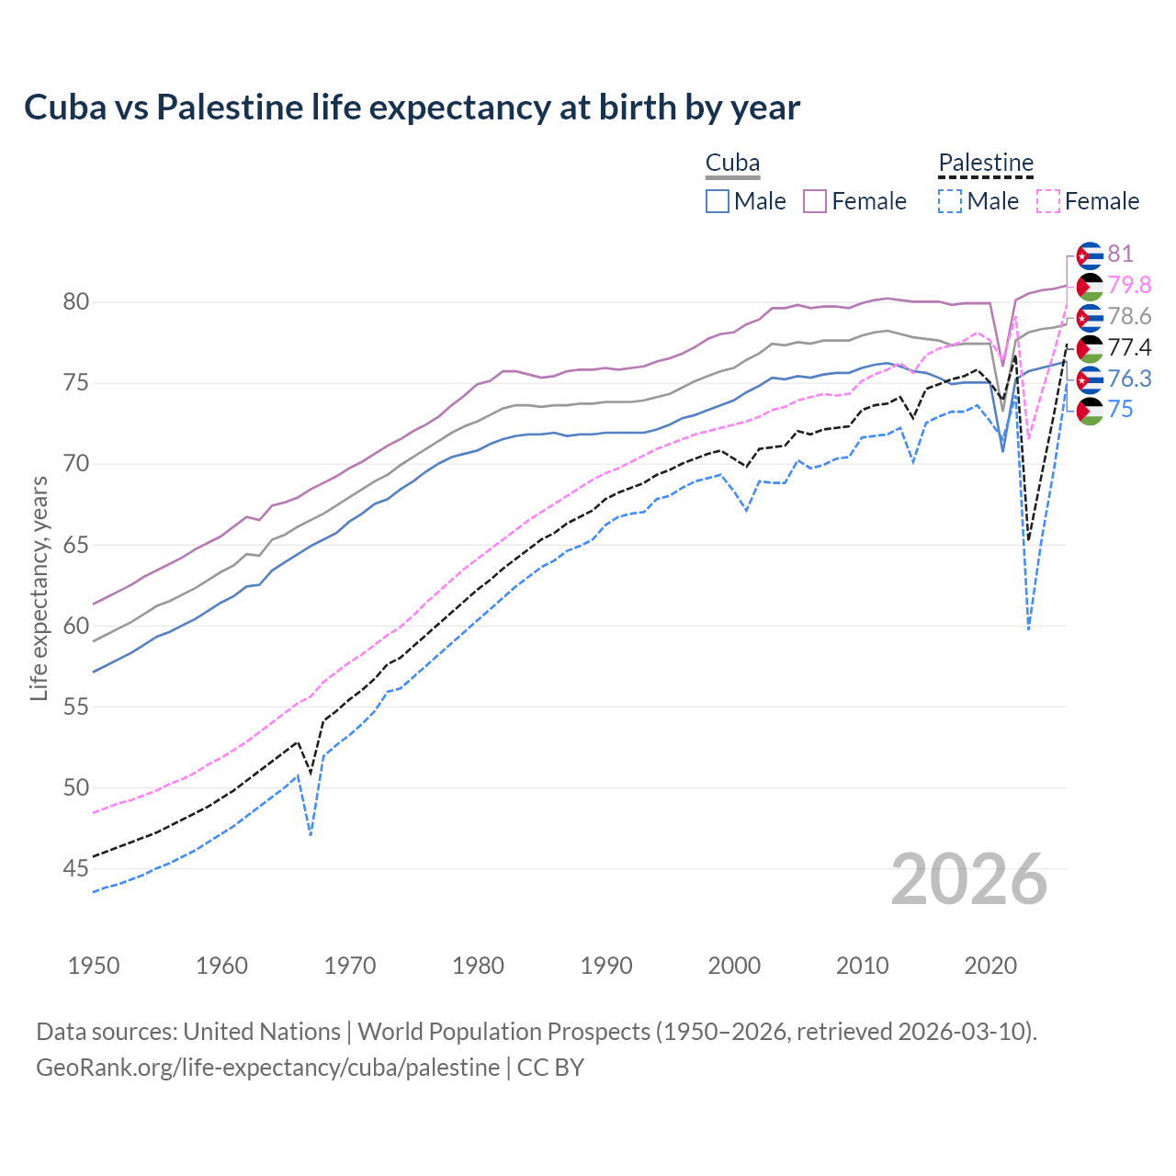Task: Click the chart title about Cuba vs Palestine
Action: point(412,107)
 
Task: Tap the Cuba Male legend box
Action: point(718,201)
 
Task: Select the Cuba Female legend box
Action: point(815,201)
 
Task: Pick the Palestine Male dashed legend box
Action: point(950,201)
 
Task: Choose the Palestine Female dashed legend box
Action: point(1048,201)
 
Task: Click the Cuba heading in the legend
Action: point(732,164)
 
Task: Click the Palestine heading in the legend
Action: point(986,164)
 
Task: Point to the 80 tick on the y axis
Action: point(76,302)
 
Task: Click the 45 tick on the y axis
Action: point(76,868)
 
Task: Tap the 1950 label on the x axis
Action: point(94,966)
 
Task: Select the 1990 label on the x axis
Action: point(606,966)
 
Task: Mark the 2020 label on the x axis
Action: point(990,966)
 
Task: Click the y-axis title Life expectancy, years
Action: point(40,588)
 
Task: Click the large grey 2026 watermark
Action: point(969,879)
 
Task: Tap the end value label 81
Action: point(1120,254)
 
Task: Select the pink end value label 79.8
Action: point(1129,286)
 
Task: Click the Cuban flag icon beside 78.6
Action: point(1090,317)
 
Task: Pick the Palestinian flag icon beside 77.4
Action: point(1090,348)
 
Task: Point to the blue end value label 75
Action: point(1120,410)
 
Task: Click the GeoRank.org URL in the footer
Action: point(267,1068)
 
